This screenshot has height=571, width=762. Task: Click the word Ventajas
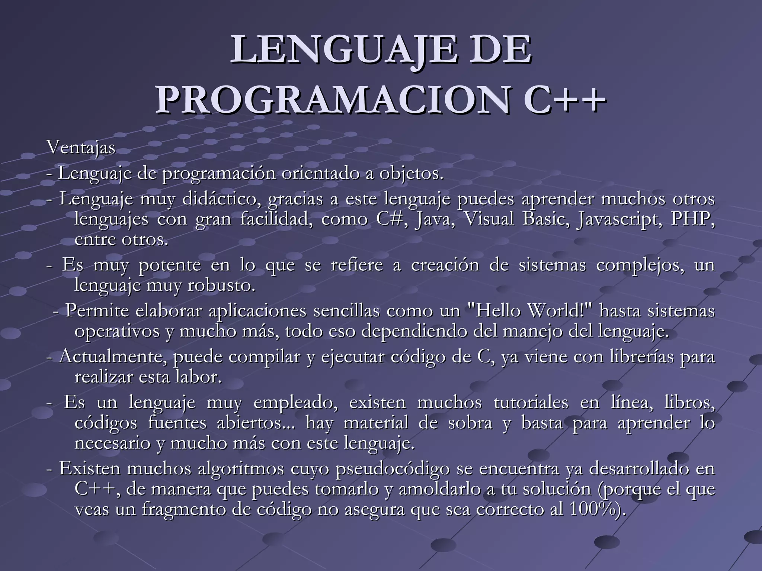pos(81,148)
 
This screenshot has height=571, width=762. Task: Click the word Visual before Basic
pos(489,219)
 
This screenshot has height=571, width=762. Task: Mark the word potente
pos(170,265)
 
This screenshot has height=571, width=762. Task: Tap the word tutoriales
pos(531,403)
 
